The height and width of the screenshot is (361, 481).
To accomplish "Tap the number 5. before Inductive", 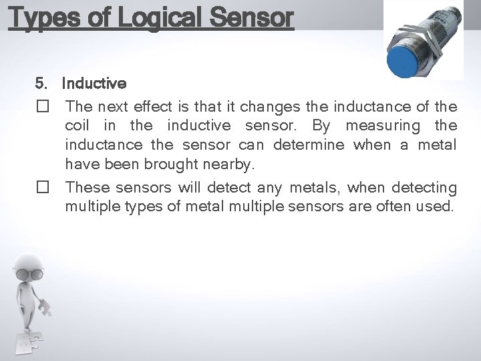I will [x=42, y=84].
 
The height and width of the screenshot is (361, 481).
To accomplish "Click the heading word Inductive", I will [x=94, y=84].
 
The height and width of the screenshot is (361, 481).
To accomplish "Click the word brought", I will [x=188, y=163].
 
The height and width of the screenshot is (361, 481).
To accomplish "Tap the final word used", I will [x=434, y=207].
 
